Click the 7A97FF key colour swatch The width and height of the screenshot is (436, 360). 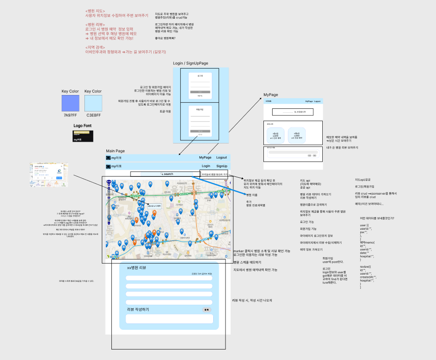[70, 103]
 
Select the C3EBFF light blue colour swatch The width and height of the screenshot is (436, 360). [93, 103]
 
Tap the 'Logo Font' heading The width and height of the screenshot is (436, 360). [83, 126]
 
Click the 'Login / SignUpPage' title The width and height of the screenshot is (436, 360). [190, 63]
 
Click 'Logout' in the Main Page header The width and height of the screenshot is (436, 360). [221, 158]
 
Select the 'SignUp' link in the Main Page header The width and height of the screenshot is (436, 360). [222, 166]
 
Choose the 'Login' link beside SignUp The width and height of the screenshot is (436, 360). [206, 166]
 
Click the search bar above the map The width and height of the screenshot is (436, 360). [164, 174]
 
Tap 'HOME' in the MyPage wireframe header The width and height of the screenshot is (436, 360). [268, 101]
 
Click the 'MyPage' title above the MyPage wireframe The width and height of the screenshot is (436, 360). [271, 95]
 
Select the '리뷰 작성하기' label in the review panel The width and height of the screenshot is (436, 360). [137, 310]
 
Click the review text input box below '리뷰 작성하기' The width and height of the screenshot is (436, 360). [169, 318]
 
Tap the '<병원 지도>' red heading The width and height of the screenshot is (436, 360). [95, 11]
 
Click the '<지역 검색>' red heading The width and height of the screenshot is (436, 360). [95, 48]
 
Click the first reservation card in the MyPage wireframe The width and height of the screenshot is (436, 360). [275, 136]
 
